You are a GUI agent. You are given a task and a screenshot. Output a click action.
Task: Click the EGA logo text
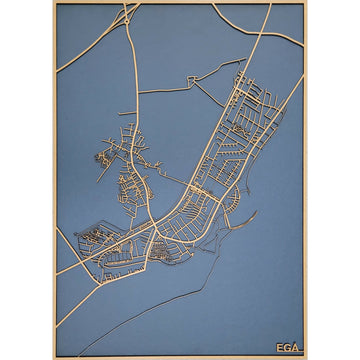[x=288, y=347]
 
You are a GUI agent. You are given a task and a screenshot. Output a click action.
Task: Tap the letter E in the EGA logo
[x=281, y=347]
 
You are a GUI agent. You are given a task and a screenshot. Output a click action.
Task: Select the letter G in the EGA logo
[x=288, y=347]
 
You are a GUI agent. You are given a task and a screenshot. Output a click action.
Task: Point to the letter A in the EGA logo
[x=296, y=347]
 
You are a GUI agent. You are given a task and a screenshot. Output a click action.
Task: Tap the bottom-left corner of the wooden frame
[x=54, y=357]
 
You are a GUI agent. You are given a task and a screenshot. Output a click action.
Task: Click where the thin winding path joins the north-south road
[x=138, y=93]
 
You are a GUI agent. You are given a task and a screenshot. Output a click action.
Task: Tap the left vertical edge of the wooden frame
[x=54, y=180]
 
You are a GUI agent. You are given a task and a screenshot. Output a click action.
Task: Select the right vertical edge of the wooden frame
[x=305, y=180]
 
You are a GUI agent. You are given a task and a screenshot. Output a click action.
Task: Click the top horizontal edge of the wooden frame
[x=180, y=3]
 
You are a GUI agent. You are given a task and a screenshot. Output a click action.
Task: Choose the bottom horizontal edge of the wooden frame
[x=180, y=357]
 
